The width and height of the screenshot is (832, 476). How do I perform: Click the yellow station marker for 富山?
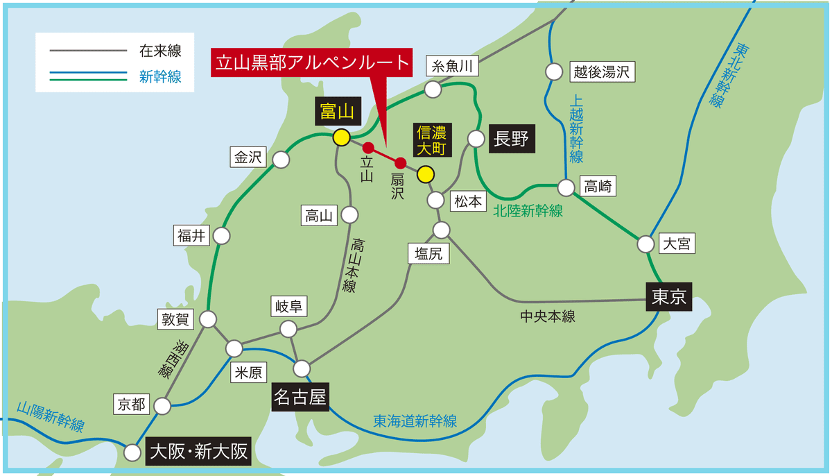pos(340,137)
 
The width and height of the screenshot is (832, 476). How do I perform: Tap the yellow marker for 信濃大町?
pos(425,174)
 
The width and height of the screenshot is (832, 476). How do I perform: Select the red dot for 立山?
pos(368,147)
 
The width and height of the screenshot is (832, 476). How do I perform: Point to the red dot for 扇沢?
pos(399,163)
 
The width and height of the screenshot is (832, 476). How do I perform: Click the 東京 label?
pos(669,296)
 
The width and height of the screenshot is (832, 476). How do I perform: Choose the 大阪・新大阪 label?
pos(198,452)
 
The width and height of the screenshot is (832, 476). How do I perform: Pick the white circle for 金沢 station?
pos(281,160)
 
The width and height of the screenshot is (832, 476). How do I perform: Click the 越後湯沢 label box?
pos(602,71)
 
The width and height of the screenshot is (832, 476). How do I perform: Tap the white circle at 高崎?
pos(566,187)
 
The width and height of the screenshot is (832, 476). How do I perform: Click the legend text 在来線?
pos(160,51)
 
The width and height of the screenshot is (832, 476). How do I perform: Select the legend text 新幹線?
pos(160,77)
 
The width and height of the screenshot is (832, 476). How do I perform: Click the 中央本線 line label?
pos(548,316)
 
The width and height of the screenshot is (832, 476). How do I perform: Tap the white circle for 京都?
pos(163,406)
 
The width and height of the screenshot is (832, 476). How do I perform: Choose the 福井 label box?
pos(192,236)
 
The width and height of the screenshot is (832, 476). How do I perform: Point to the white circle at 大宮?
pos(645,244)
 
